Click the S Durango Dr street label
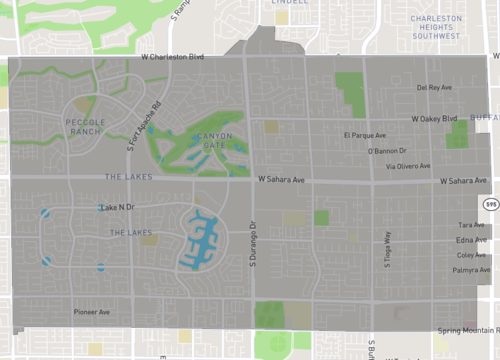[x=253, y=249]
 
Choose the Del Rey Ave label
[x=435, y=88]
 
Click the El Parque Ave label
[x=363, y=134]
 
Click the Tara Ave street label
[x=471, y=225]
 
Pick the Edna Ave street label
[x=471, y=240]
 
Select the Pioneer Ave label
[x=92, y=311]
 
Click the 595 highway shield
[x=490, y=204]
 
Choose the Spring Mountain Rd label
[x=468, y=330]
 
